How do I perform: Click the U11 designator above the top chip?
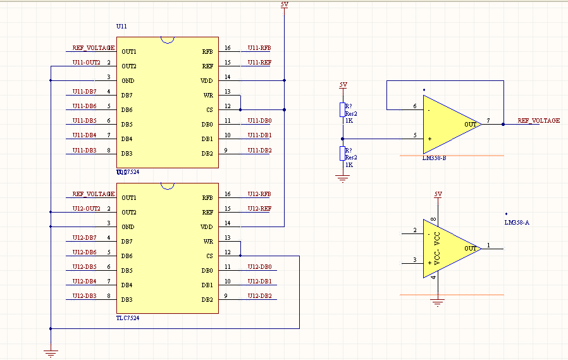tap(122, 27)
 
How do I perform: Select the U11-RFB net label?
tap(259, 48)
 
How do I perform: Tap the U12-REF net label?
tap(259, 209)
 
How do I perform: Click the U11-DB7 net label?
tap(84, 92)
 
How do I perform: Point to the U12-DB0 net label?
tap(259, 267)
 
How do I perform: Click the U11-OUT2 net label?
tap(86, 63)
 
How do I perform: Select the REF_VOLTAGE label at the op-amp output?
tap(538, 120)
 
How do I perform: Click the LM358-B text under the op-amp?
tap(434, 158)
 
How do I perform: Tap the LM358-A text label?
tap(516, 223)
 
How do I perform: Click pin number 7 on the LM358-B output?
tap(488, 120)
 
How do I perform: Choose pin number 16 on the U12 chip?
tap(228, 194)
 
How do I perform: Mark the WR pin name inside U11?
tap(208, 95)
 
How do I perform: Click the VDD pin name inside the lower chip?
tap(207, 227)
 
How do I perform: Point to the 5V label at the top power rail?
tap(283, 4)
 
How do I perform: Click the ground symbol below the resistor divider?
tap(343, 179)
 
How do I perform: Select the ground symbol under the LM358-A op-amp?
tap(436, 303)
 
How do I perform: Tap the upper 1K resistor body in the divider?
tap(343, 110)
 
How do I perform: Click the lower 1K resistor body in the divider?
tap(343, 154)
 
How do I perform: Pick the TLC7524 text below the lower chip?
tap(128, 318)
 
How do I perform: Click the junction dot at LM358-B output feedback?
tap(503, 125)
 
